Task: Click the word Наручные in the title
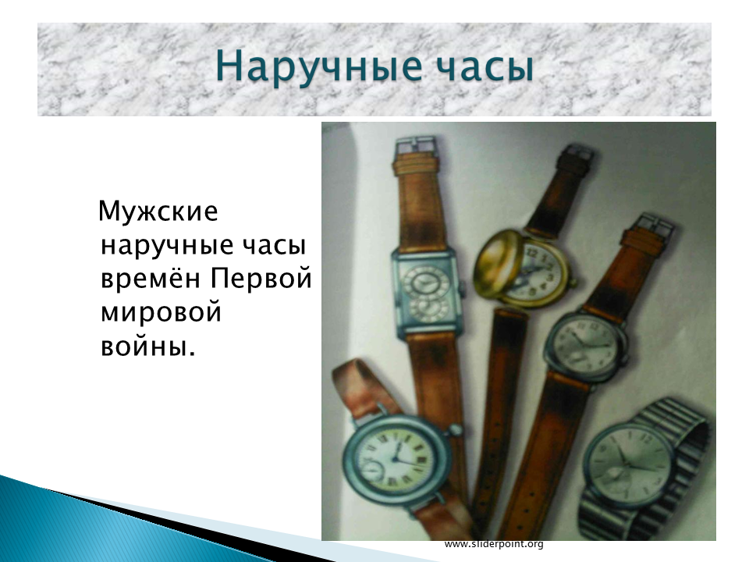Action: click(x=319, y=66)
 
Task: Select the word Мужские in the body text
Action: click(x=158, y=211)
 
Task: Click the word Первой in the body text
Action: click(x=261, y=278)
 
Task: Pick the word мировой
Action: click(x=161, y=313)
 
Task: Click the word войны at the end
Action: click(x=148, y=346)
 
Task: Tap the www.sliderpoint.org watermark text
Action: click(x=494, y=544)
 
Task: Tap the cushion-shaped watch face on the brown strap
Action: click(x=584, y=343)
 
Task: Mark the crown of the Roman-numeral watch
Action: click(x=455, y=429)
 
